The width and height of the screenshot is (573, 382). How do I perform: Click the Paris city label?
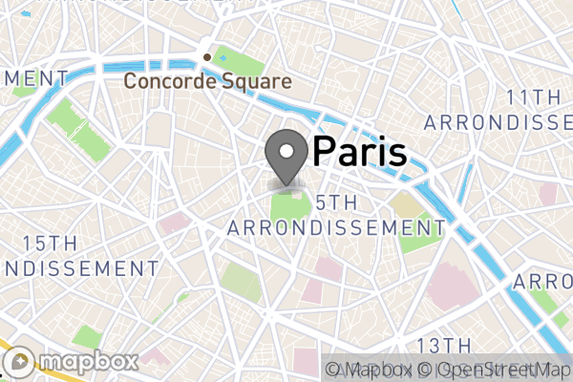(360, 151)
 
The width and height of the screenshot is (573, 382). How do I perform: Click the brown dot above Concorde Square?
(207, 56)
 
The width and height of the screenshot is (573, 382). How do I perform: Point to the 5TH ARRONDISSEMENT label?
(336, 215)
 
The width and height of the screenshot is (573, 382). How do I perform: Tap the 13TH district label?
(445, 345)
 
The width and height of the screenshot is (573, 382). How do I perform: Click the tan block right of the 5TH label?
(405, 205)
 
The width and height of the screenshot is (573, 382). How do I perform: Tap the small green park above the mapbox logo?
(87, 336)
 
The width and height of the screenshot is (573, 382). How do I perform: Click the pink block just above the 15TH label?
(174, 223)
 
